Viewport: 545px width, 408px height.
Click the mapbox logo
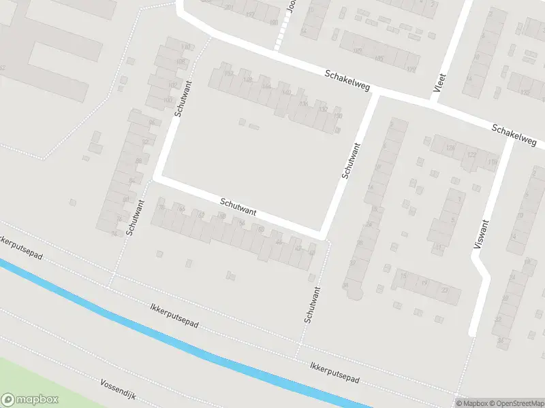click(30, 400)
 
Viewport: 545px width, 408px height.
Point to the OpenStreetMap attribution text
click(517, 403)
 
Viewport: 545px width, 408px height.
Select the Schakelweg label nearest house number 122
click(514, 133)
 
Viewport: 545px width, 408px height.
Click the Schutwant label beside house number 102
click(183, 100)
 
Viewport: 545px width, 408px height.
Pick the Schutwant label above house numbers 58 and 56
click(238, 207)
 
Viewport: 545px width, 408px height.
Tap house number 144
click(266, 86)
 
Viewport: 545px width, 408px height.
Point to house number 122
click(471, 155)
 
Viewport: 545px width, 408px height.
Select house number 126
click(450, 148)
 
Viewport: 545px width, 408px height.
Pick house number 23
click(445, 290)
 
